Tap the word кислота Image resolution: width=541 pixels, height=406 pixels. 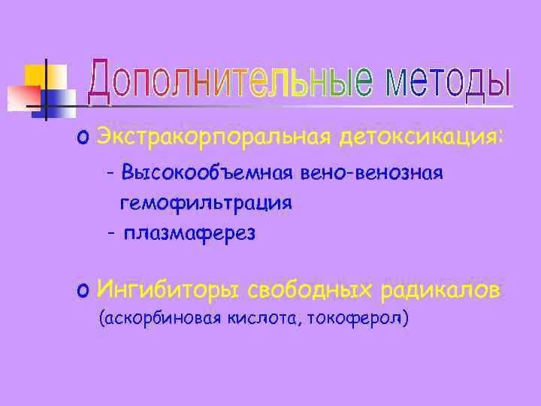point(263,319)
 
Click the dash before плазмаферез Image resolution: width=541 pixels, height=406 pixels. point(110,233)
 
